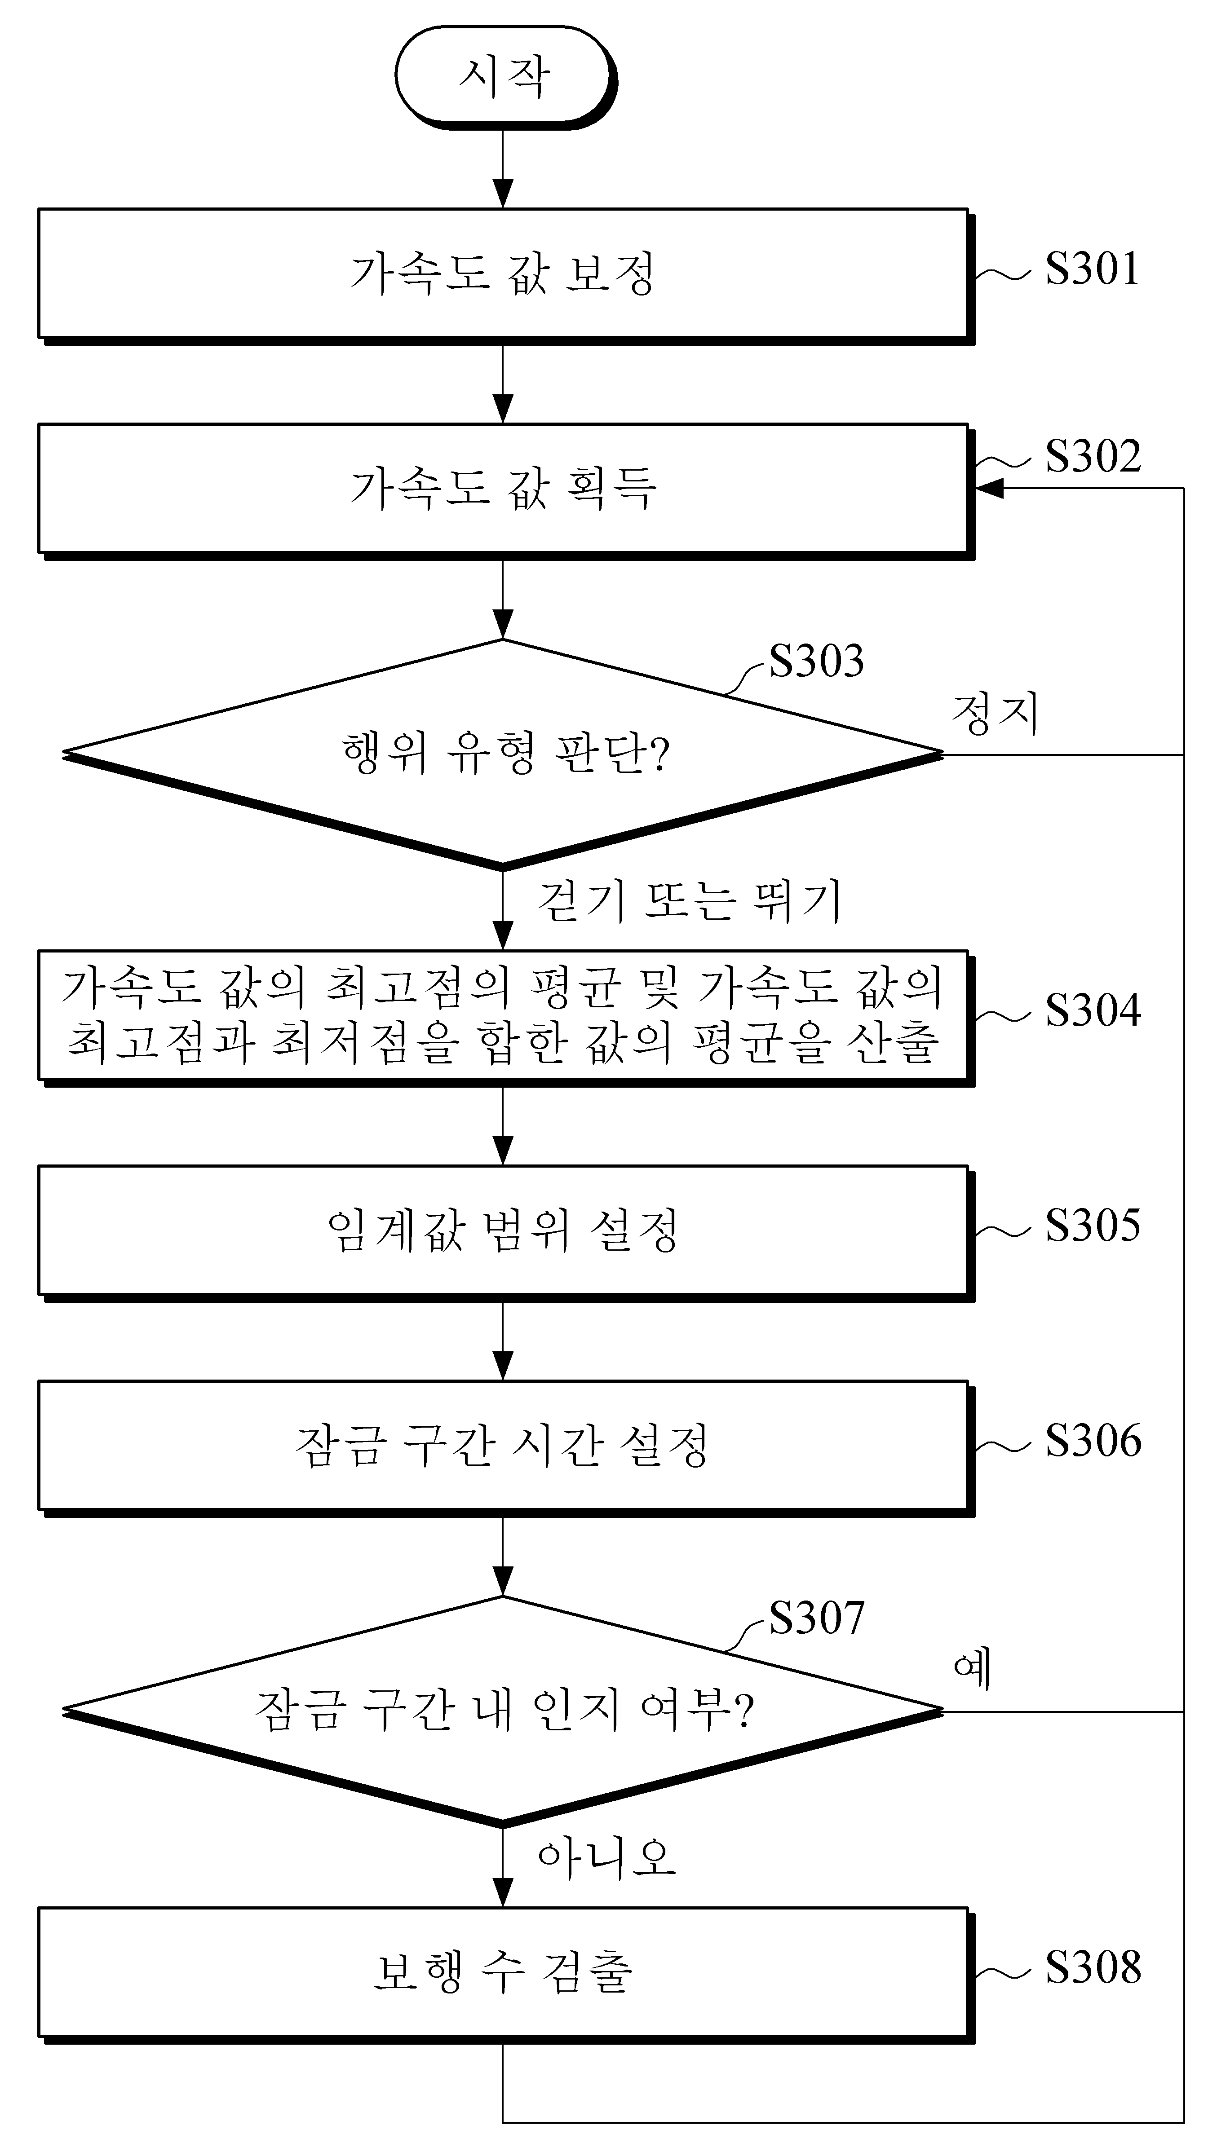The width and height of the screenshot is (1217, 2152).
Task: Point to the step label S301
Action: pyautogui.click(x=1093, y=269)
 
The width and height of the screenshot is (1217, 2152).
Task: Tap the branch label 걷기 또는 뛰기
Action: pyautogui.click(x=689, y=900)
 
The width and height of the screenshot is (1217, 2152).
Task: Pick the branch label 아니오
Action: pyautogui.click(x=606, y=1858)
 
